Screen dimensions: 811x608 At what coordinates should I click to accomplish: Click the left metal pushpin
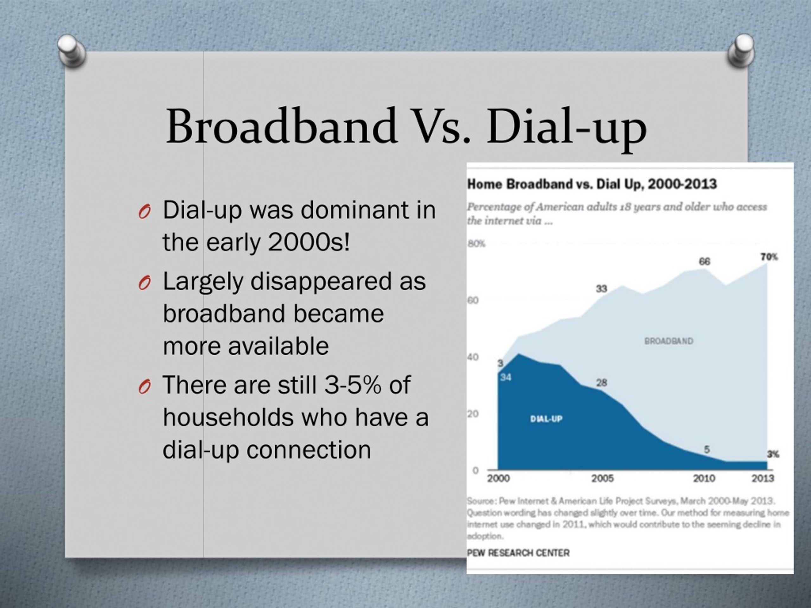pos(72,50)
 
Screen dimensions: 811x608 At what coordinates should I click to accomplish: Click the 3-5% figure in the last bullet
pos(353,385)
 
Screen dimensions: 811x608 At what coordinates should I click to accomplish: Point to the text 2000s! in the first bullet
pos(309,242)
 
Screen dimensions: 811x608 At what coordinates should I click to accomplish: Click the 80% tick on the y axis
pos(476,244)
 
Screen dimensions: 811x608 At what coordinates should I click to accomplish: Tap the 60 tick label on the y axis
pos(473,300)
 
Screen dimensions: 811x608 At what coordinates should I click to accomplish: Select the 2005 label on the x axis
pos(602,478)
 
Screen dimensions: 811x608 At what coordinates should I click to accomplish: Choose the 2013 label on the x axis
pos(763,478)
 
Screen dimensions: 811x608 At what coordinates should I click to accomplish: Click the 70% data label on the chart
pos(769,257)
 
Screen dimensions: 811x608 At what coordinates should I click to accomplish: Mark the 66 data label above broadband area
pos(704,261)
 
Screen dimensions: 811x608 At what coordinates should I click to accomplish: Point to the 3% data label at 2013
pos(773,454)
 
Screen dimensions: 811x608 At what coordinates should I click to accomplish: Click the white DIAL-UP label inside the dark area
pos(546,419)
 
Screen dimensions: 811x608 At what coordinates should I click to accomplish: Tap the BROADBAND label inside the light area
pos(669,341)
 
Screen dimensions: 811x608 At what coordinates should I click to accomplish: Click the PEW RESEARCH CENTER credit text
pos(518,553)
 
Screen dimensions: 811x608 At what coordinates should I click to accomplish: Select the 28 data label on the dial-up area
pos(602,383)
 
